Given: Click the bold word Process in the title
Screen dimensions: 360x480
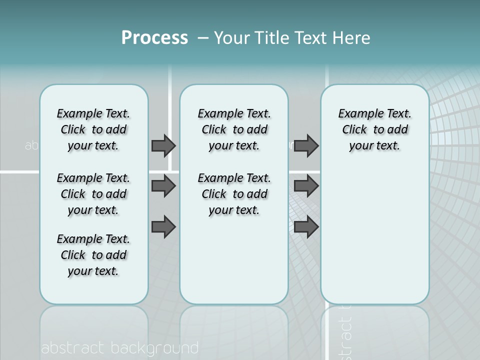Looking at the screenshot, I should tap(154, 38).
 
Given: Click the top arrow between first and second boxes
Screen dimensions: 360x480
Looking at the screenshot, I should tap(163, 145).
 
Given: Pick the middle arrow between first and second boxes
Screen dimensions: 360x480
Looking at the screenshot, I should tap(163, 186).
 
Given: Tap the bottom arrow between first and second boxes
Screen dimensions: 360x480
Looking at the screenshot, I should tap(163, 227).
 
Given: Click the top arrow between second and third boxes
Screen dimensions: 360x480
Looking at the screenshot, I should tap(306, 145).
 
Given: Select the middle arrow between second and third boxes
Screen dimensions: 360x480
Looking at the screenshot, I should tap(306, 186).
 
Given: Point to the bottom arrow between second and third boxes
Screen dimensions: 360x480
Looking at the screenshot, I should tap(306, 227).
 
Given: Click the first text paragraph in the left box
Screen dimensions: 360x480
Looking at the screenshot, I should tap(93, 129).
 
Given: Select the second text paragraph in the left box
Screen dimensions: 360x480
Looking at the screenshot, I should tap(93, 194).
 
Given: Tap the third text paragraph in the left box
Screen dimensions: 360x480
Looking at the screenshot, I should tap(93, 255).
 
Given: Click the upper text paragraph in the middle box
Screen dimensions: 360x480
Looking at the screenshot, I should tap(234, 129).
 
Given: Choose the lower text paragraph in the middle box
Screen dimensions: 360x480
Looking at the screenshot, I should tap(234, 194).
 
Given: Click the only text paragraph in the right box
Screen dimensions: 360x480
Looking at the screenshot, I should tap(374, 129).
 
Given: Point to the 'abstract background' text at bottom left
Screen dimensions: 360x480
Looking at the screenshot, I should tap(119, 348).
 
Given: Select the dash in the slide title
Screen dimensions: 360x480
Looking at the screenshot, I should tap(203, 38).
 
